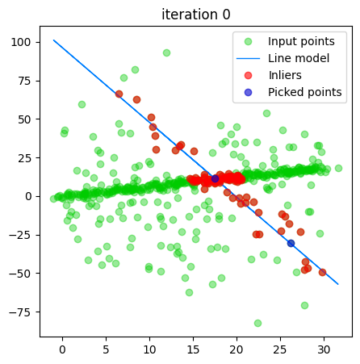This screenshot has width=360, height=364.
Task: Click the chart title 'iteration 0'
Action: click(x=196, y=15)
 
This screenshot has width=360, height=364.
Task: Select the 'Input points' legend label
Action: click(x=301, y=41)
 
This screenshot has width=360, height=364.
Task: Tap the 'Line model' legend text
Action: click(x=299, y=58)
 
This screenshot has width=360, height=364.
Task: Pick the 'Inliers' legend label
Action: click(x=285, y=75)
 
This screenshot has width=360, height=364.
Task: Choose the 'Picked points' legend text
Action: click(x=305, y=92)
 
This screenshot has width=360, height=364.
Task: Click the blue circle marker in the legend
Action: click(x=248, y=93)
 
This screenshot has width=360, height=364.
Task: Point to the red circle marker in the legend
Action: click(x=248, y=76)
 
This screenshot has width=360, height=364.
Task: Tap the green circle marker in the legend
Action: click(x=248, y=41)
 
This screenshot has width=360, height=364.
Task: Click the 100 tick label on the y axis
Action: click(x=20, y=42)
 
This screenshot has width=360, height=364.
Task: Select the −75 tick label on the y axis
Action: click(x=20, y=312)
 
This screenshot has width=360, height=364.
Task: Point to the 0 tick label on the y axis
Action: click(x=28, y=196)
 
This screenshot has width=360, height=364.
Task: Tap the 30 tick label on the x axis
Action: click(x=324, y=349)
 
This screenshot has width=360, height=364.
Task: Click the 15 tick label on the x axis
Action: click(x=193, y=349)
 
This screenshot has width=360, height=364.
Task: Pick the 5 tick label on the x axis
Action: click(x=106, y=349)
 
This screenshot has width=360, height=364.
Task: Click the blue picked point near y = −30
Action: click(x=291, y=244)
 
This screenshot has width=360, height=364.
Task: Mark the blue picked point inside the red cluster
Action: click(x=215, y=178)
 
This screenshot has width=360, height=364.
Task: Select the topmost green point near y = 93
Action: click(x=166, y=52)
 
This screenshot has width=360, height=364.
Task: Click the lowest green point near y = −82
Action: click(x=257, y=323)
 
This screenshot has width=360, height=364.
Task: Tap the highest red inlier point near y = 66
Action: click(x=119, y=94)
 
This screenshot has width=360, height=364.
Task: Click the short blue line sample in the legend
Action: click(x=248, y=58)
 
